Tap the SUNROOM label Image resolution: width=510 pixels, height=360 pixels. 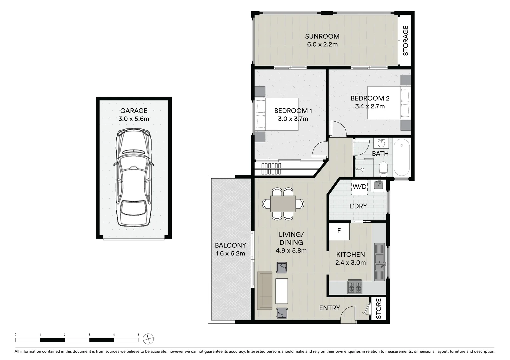pos(322,36)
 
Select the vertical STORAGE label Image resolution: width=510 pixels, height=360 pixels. pos(406,41)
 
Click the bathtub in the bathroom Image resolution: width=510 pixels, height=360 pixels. pos(401,158)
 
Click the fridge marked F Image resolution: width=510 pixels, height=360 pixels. pos(339,231)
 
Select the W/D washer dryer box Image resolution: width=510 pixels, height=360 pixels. pos(359,187)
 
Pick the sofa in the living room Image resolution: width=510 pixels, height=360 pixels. pos(265,290)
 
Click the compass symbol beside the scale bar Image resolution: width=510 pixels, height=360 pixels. pos(148,339)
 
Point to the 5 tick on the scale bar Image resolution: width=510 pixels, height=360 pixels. pos(139,335)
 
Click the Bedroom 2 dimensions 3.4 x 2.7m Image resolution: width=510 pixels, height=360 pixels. pos(370,107)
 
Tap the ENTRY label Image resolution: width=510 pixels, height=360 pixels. pos(329,308)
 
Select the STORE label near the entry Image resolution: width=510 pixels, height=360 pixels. pos(379,309)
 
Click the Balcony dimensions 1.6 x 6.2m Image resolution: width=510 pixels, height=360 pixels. pos(230,253)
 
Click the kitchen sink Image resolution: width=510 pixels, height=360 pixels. pos(380,262)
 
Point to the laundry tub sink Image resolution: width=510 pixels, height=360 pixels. pos(378,185)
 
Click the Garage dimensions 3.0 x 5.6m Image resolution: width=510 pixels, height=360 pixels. pos(134,119)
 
